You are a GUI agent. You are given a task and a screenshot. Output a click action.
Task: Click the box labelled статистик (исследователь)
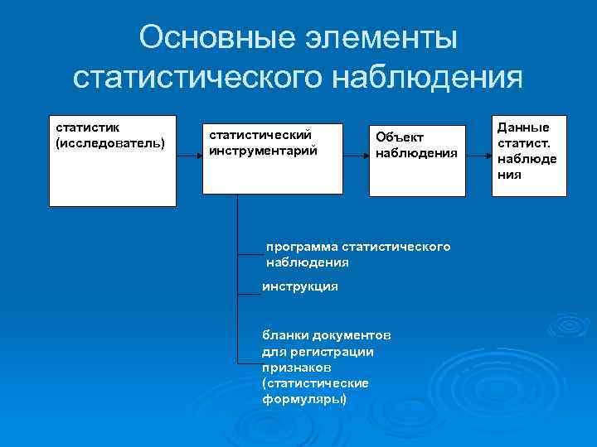click(113, 160)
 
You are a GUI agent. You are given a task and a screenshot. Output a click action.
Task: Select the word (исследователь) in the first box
click(110, 143)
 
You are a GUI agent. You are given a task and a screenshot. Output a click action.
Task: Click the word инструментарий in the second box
click(263, 151)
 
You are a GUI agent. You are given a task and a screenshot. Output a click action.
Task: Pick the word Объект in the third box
click(400, 137)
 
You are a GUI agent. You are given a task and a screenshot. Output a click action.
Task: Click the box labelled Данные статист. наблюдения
click(528, 156)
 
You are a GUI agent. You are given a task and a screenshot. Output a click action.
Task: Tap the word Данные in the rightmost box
click(522, 127)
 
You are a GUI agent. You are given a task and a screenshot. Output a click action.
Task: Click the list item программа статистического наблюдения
click(358, 254)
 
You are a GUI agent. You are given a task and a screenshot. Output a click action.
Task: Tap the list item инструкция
click(300, 286)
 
